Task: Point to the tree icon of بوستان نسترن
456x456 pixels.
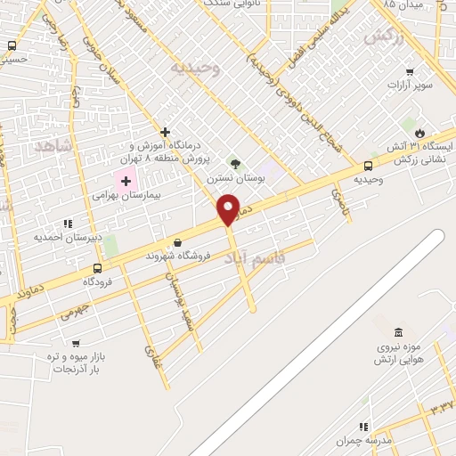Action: click(x=235, y=164)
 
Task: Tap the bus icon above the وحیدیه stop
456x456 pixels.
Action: click(x=368, y=166)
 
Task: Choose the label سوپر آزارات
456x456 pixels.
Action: click(x=410, y=85)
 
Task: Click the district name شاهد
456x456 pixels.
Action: click(x=53, y=145)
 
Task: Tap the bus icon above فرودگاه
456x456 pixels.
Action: click(x=98, y=266)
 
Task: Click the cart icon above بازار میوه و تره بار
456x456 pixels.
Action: click(x=75, y=343)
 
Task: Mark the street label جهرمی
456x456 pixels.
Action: click(x=76, y=313)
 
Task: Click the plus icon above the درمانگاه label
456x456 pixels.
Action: click(x=166, y=132)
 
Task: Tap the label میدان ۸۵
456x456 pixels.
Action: click(x=401, y=5)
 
